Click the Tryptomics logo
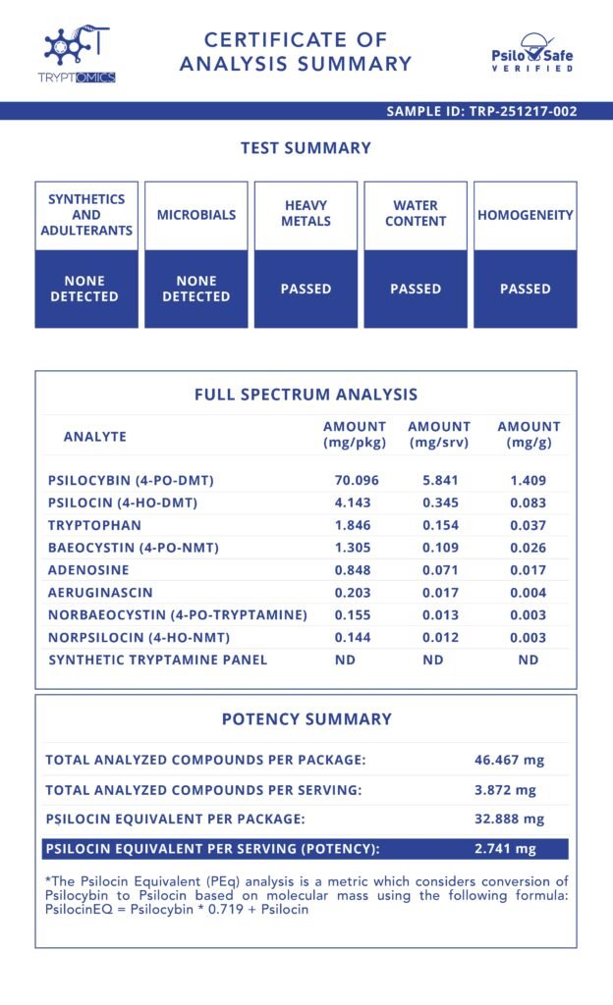80,55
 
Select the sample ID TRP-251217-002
481,111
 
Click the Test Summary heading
306,148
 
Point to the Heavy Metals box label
306,214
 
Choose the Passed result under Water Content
416,289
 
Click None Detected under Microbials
195,289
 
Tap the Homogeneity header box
525,215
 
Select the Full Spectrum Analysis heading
306,395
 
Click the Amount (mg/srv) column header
439,435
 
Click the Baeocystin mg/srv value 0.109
439,548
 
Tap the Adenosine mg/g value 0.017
529,570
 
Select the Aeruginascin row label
100,593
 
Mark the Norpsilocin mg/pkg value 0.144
355,637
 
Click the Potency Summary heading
306,719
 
